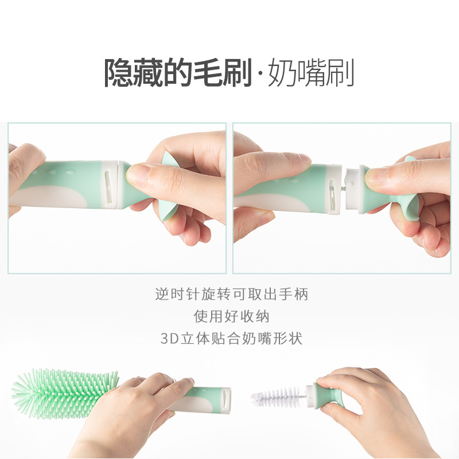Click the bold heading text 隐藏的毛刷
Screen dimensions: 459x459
178,72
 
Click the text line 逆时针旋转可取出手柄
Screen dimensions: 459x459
231,294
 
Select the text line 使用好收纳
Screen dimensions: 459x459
231,316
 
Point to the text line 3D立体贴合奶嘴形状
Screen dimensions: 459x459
231,338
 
